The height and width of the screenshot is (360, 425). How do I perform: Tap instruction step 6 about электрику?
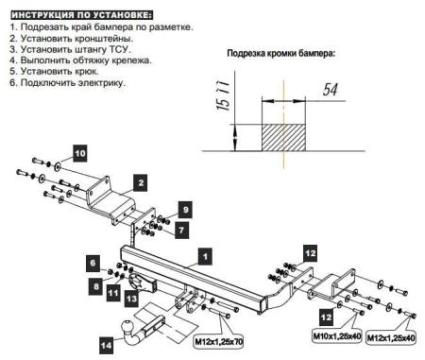(68, 83)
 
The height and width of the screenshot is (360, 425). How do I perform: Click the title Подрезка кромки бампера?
(280, 54)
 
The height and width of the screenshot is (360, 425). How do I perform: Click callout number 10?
(79, 152)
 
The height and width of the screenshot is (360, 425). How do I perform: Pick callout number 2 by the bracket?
(139, 181)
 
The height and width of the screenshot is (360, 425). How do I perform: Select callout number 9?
(185, 209)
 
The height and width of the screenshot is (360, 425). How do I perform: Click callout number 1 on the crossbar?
(205, 254)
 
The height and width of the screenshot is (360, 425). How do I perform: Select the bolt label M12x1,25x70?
(218, 339)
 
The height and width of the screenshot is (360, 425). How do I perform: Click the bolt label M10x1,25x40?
(337, 334)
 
